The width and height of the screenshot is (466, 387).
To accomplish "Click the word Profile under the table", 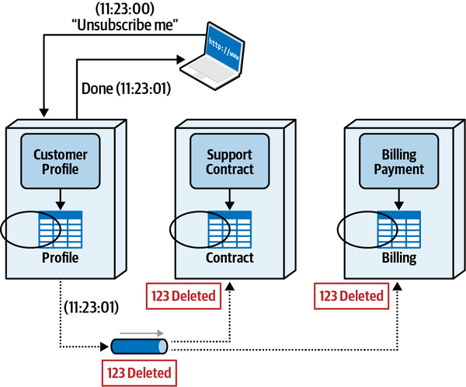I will point(59,258).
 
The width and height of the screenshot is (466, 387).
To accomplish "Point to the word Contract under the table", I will point(229,258).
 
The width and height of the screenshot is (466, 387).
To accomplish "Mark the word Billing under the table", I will point(398,258).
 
